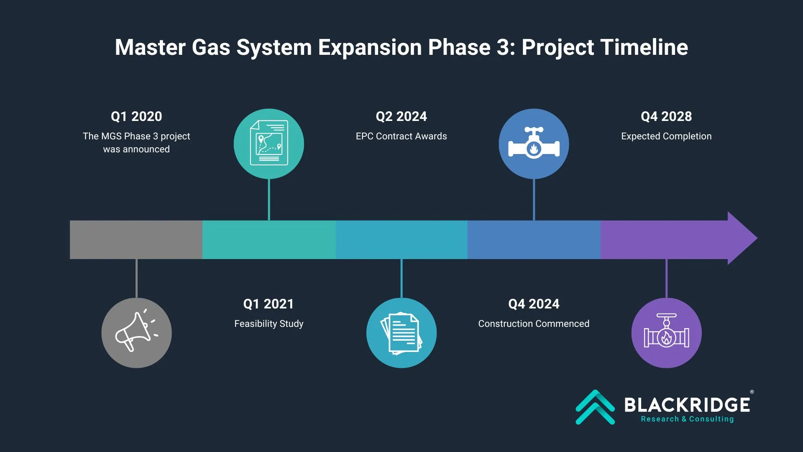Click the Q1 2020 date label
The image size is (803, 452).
click(x=136, y=116)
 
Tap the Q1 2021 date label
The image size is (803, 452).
click(x=269, y=304)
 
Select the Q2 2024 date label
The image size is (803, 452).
click(x=401, y=116)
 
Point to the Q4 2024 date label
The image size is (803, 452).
click(x=534, y=304)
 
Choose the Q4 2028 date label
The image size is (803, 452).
click(x=666, y=116)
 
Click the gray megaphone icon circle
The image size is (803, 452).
click(x=136, y=333)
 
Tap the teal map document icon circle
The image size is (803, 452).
click(x=269, y=144)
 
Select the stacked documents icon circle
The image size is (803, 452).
click(x=401, y=333)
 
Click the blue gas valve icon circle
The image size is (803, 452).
click(x=534, y=144)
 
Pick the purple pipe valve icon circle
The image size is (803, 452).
click(x=667, y=333)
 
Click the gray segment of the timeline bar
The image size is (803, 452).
click(x=136, y=239)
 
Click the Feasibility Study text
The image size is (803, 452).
click(x=269, y=324)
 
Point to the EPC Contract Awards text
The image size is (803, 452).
click(x=401, y=136)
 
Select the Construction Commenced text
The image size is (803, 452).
click(x=534, y=324)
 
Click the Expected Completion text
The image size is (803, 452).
click(x=666, y=136)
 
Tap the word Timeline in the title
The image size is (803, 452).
click(x=644, y=47)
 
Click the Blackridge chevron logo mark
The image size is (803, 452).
click(x=595, y=407)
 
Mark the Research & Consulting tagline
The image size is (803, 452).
click(x=687, y=419)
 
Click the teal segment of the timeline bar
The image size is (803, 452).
click(x=269, y=239)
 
